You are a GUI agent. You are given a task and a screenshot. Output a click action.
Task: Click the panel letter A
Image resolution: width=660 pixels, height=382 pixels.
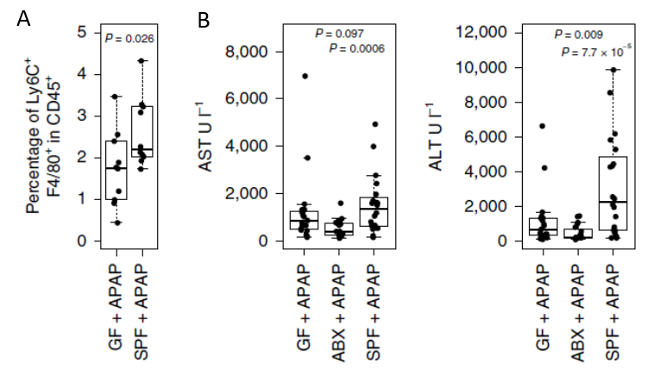tap(23, 18)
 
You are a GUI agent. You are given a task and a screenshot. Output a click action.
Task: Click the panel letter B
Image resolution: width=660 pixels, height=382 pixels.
tap(204, 19)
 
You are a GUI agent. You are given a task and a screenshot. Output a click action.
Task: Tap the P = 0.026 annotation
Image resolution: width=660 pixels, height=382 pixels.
tap(129, 38)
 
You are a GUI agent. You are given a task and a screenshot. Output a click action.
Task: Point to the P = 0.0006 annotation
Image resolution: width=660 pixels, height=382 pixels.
tap(356, 48)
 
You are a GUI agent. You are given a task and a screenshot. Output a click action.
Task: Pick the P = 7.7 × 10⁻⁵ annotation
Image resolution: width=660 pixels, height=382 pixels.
tap(596, 52)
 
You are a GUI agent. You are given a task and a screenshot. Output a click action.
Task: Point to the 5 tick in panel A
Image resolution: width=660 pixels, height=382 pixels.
tap(81, 33)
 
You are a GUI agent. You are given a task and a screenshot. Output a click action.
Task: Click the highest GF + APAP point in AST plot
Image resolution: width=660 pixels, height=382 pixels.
tap(305, 76)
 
